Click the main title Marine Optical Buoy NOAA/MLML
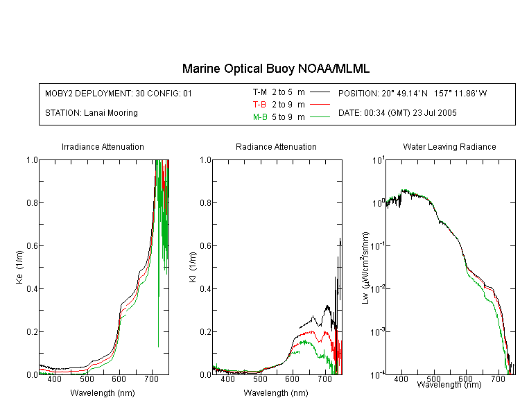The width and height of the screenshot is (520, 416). click(x=275, y=69)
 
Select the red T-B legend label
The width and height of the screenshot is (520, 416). click(x=259, y=105)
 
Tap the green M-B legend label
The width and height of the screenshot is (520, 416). click(x=260, y=117)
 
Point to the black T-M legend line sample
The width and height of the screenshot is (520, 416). click(x=320, y=92)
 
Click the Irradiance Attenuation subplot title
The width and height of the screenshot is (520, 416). click(x=103, y=147)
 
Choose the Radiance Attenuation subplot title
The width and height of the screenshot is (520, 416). click(x=276, y=147)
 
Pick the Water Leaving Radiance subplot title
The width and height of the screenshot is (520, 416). click(x=449, y=147)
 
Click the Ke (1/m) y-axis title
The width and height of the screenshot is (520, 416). click(x=19, y=267)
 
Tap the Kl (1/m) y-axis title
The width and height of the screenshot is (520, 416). click(x=193, y=267)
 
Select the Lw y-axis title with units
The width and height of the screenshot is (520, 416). click(x=365, y=268)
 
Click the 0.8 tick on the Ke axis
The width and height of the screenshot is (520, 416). click(x=32, y=202)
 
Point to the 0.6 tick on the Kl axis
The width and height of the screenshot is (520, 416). click(x=205, y=246)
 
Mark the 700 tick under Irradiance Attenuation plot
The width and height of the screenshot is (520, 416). click(x=152, y=379)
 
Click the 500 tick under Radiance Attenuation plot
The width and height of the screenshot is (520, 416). click(x=260, y=379)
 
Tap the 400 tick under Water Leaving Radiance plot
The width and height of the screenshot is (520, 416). click(x=401, y=379)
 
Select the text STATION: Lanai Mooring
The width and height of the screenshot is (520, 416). click(x=92, y=113)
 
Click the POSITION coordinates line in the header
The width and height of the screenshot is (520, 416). click(x=413, y=94)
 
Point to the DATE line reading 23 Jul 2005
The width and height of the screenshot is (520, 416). click(x=397, y=113)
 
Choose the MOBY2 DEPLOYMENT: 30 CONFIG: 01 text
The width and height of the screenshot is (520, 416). click(x=119, y=94)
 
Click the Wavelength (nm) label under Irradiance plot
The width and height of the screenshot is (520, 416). click(x=103, y=393)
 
